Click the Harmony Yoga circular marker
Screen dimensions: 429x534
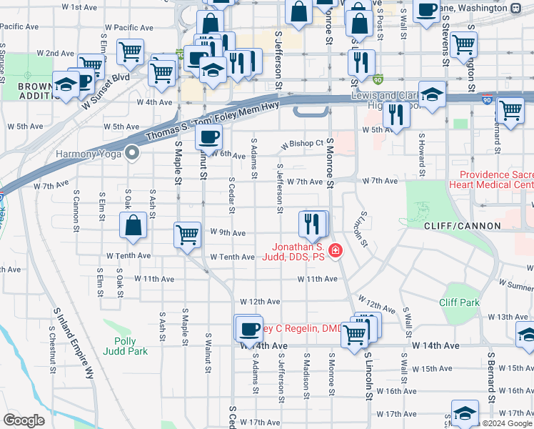point(131,152)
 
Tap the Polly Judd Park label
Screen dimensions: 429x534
point(130,346)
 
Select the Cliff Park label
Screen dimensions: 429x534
point(460,302)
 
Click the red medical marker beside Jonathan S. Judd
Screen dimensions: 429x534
point(334,250)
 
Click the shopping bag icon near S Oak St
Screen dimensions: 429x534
point(133,226)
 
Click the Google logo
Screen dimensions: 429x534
point(24,420)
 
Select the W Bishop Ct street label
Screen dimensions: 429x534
point(302,143)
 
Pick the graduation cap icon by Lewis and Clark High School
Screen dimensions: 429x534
point(431,94)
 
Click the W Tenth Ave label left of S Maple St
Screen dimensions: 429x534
point(129,255)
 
